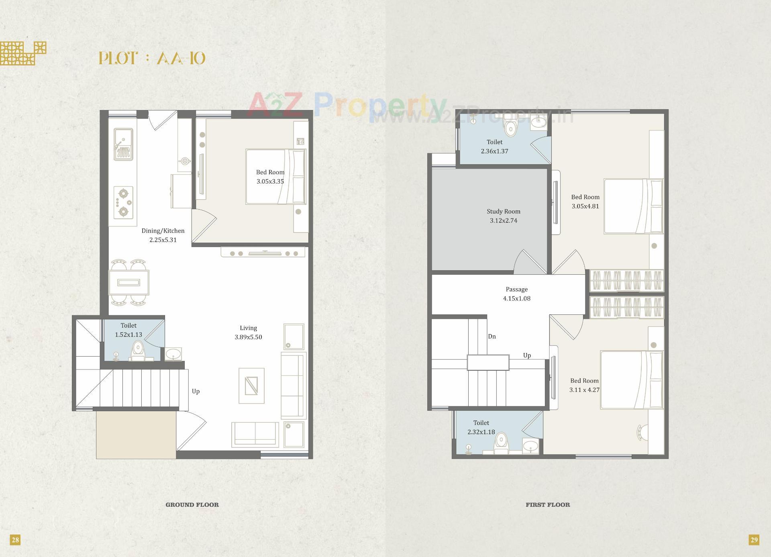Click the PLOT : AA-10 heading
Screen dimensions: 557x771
point(152,59)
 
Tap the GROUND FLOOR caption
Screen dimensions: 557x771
point(192,505)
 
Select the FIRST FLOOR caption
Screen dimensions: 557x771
point(548,505)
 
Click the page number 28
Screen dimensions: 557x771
point(15,540)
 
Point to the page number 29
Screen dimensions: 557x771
point(754,540)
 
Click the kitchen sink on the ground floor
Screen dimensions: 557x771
point(123,144)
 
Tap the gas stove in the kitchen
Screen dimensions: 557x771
point(123,202)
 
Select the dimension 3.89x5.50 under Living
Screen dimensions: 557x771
point(248,337)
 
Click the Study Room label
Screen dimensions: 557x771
point(503,211)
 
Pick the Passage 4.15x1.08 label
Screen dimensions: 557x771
point(516,294)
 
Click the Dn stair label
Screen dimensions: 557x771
point(492,337)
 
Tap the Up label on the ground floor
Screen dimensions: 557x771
point(196,392)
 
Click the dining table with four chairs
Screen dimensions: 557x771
point(129,283)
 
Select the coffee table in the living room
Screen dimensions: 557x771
point(251,386)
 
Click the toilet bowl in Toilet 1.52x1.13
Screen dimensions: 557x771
point(138,349)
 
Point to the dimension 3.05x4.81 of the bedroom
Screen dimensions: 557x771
point(585,206)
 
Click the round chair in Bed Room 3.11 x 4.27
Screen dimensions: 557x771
point(642,433)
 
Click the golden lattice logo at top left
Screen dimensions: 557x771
point(22,53)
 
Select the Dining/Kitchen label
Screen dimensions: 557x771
point(163,231)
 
